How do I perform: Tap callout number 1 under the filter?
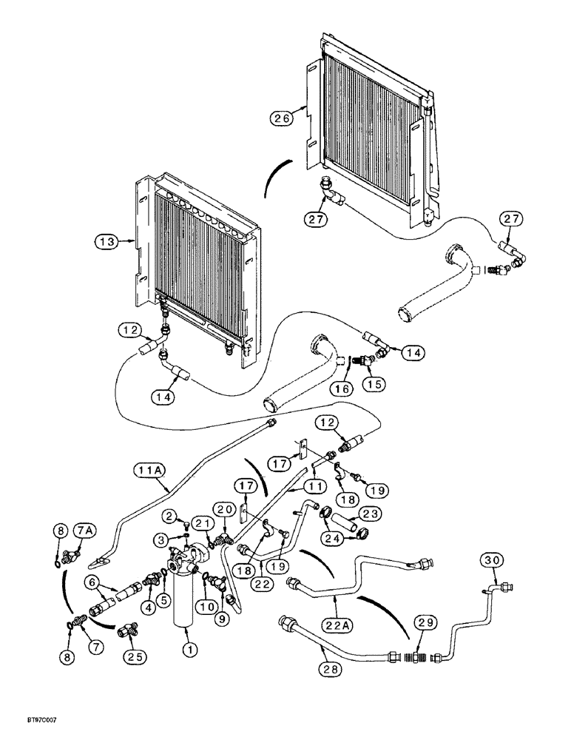(190, 650)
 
